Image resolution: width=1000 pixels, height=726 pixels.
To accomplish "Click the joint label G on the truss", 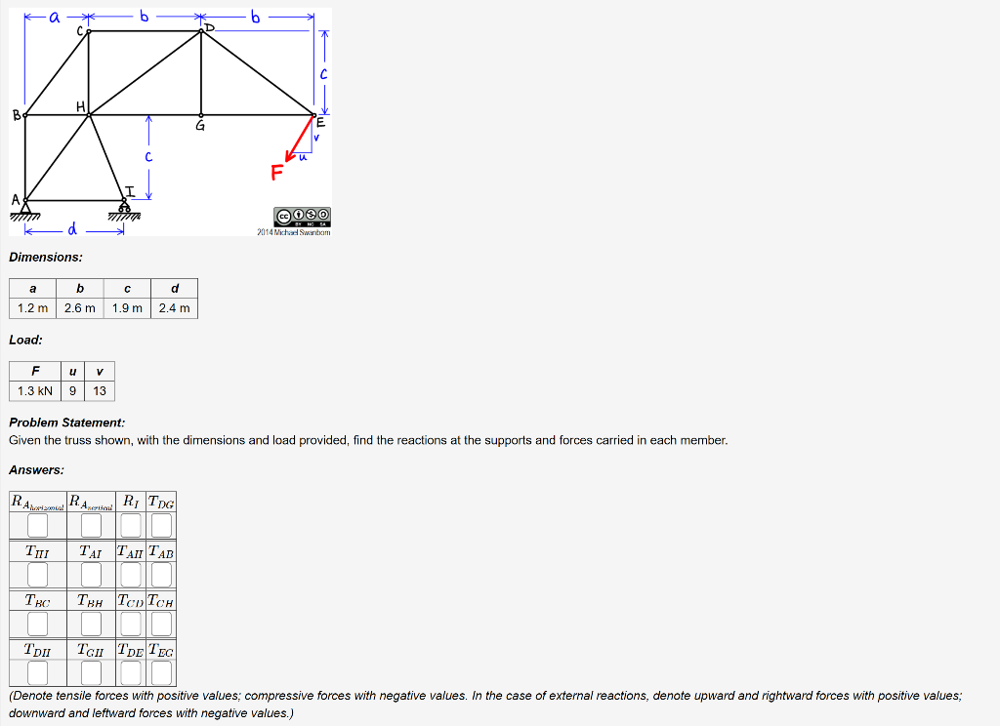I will (x=200, y=126).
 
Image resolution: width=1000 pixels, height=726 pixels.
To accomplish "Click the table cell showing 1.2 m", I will (x=32, y=308).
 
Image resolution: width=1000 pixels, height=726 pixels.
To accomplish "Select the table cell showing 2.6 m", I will (x=80, y=308).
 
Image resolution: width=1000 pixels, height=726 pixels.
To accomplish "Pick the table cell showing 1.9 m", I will (x=127, y=308).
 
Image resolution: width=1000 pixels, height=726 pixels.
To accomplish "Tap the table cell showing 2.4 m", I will (x=174, y=308).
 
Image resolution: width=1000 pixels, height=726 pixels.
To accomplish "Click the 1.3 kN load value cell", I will (x=35, y=391).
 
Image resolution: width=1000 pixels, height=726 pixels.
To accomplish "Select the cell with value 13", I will (x=100, y=391).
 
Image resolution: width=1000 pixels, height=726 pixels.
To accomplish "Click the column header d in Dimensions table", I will (x=174, y=288).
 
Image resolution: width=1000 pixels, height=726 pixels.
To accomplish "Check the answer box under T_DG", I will (x=161, y=526).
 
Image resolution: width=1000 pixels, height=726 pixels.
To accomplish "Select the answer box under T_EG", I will (x=161, y=673).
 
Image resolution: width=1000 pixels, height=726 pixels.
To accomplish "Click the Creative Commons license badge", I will (x=303, y=215).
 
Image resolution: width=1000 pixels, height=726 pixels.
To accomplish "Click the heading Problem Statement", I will (x=66, y=423).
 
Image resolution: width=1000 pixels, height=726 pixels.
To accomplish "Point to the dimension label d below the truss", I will (x=71, y=230).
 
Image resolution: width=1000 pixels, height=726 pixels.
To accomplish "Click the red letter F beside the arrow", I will (x=277, y=173).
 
